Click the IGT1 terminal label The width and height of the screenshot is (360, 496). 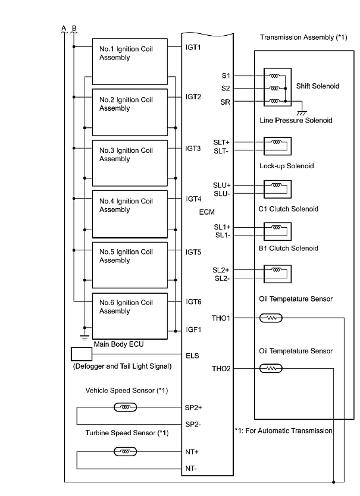[193, 47]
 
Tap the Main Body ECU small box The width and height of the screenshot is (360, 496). [81, 354]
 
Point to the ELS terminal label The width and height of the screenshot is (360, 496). [193, 356]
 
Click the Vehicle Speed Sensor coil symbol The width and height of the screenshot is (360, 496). [125, 407]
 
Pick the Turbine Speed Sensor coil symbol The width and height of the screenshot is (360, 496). [125, 452]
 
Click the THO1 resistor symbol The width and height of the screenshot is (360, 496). [270, 318]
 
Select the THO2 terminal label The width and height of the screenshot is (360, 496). [221, 369]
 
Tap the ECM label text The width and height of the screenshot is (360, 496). [207, 212]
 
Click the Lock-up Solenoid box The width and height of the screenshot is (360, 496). [277, 189]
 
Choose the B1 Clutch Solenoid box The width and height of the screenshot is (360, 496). [277, 273]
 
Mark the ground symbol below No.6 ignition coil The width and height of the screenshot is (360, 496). [84, 337]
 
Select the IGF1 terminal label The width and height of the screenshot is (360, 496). [194, 330]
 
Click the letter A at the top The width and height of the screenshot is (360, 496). [64, 28]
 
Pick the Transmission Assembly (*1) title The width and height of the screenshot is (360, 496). [303, 38]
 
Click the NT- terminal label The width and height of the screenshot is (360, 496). [191, 469]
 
